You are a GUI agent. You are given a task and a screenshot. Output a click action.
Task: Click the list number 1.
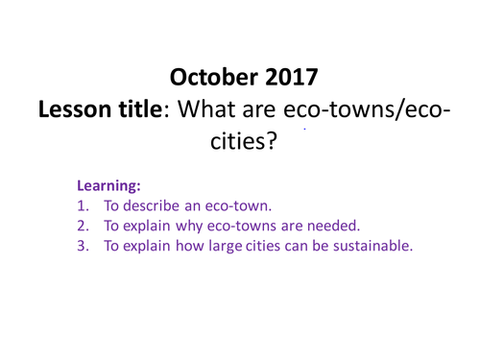coord(84,206)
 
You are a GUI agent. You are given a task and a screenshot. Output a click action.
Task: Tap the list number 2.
coord(84,227)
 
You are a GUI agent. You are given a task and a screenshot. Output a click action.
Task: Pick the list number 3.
coord(84,247)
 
